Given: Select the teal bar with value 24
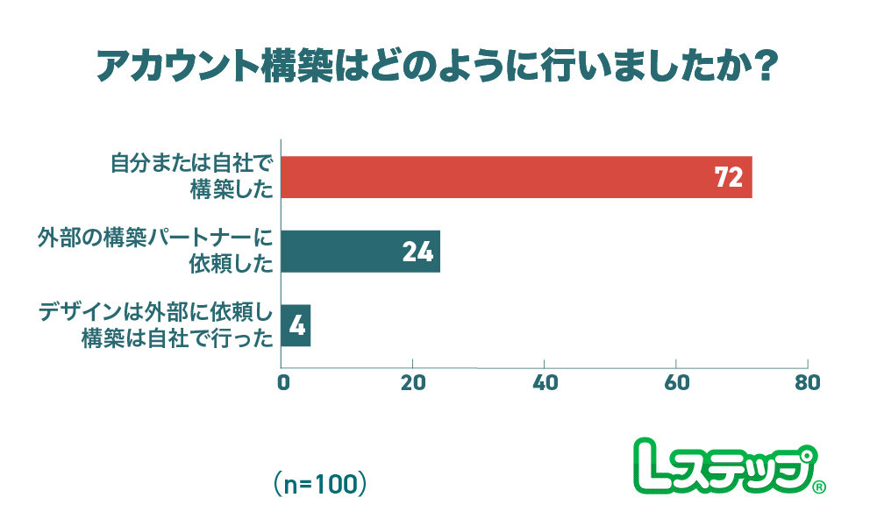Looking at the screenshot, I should (360, 252).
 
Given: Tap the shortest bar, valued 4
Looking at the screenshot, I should (296, 326).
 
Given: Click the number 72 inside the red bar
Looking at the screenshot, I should (729, 178).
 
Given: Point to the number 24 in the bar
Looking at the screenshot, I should (418, 252).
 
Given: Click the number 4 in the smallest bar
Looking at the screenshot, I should (296, 327).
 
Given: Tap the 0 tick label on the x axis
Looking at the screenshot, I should (282, 384).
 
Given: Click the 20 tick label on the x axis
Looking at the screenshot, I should (412, 384).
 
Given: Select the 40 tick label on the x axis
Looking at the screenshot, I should (544, 384).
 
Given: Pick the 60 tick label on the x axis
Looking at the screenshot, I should (676, 384).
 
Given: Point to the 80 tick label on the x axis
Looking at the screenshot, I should (807, 384).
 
